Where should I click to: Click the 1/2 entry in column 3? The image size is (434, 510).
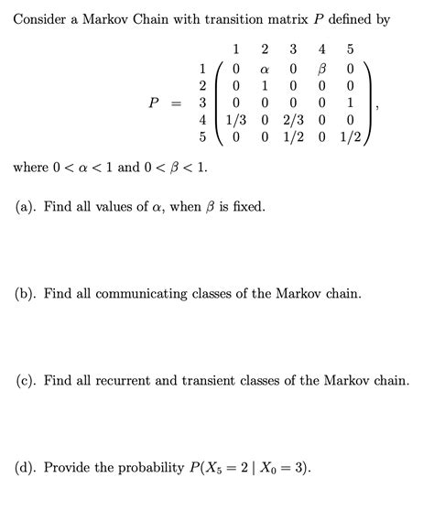(293, 136)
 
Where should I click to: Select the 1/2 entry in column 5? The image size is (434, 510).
(351, 136)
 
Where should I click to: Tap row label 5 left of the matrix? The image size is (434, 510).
(202, 136)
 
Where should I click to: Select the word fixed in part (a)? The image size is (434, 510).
(244, 207)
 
